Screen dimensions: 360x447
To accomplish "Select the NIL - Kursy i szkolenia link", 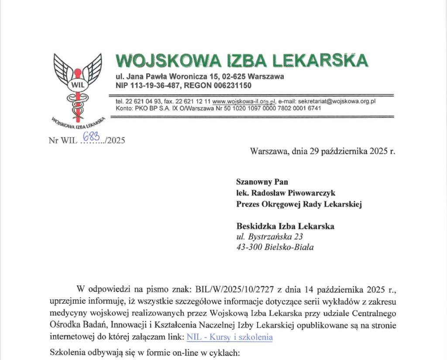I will tap(230, 337).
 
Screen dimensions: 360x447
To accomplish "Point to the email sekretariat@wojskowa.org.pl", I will tap(340, 101).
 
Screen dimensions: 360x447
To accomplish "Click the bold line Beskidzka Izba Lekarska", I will tap(285, 226).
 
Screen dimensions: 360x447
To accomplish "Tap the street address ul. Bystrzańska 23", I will tap(269, 237).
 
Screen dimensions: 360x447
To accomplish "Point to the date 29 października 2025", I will tap(341, 151).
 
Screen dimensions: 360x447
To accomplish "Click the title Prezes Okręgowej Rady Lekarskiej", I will tap(299, 204).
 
